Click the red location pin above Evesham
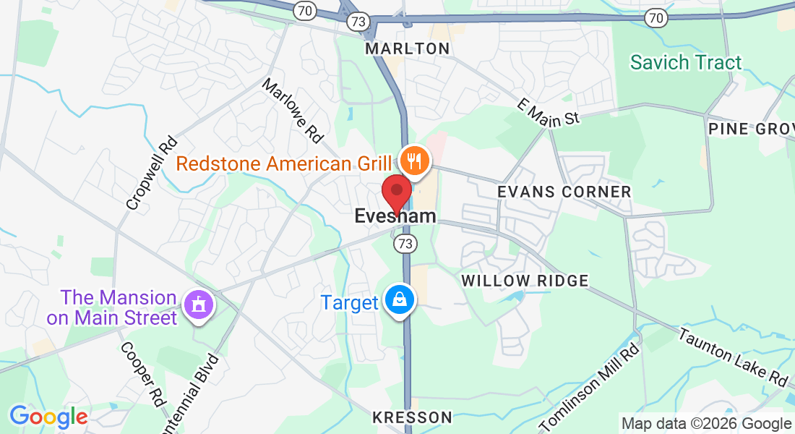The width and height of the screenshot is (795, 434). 396,192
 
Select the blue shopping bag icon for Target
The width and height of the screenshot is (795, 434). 398,299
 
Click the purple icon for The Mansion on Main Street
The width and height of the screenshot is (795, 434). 199,304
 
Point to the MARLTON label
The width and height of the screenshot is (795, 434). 408,48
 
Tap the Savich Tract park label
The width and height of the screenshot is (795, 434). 686,62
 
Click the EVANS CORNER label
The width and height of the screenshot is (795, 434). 564,192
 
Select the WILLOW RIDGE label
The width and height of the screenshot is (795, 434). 525,281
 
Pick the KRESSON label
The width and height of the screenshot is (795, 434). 412,417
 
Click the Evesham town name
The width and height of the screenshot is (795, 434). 395,216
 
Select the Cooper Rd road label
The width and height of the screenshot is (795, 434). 143,373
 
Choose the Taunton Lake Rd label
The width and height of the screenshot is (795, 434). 732,357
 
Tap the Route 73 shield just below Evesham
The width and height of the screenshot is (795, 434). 405,244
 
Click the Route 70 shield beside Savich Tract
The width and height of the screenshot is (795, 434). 656,17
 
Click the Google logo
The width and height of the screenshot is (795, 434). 48,417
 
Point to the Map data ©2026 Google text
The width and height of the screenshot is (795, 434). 707,424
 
